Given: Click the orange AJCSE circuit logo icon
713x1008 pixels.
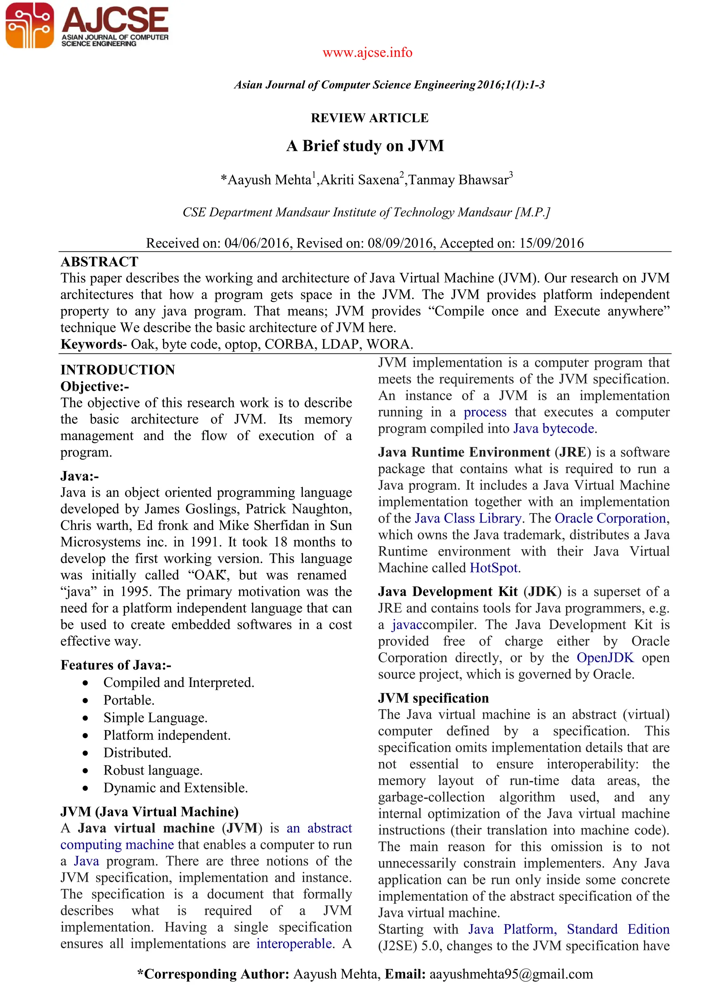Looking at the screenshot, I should (x=29, y=25).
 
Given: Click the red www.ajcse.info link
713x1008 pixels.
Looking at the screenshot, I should (x=367, y=53).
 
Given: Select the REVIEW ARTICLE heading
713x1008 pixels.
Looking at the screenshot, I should (x=369, y=118).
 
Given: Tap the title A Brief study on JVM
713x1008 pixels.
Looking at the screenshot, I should (x=365, y=146).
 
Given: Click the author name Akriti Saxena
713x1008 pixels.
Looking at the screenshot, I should (x=360, y=180).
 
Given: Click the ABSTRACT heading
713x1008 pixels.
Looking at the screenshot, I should (x=100, y=262).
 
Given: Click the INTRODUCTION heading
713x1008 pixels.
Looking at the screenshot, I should (x=118, y=370).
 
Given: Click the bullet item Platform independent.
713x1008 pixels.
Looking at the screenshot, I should (x=167, y=735).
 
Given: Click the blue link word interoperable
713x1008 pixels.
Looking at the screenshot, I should (x=294, y=944).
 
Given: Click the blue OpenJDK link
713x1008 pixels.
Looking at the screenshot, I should (x=605, y=658).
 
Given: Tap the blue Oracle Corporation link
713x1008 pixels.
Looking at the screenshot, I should (x=610, y=518).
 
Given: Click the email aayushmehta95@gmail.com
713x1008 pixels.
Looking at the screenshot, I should (x=511, y=974).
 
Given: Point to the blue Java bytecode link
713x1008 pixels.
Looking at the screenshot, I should (x=554, y=429).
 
